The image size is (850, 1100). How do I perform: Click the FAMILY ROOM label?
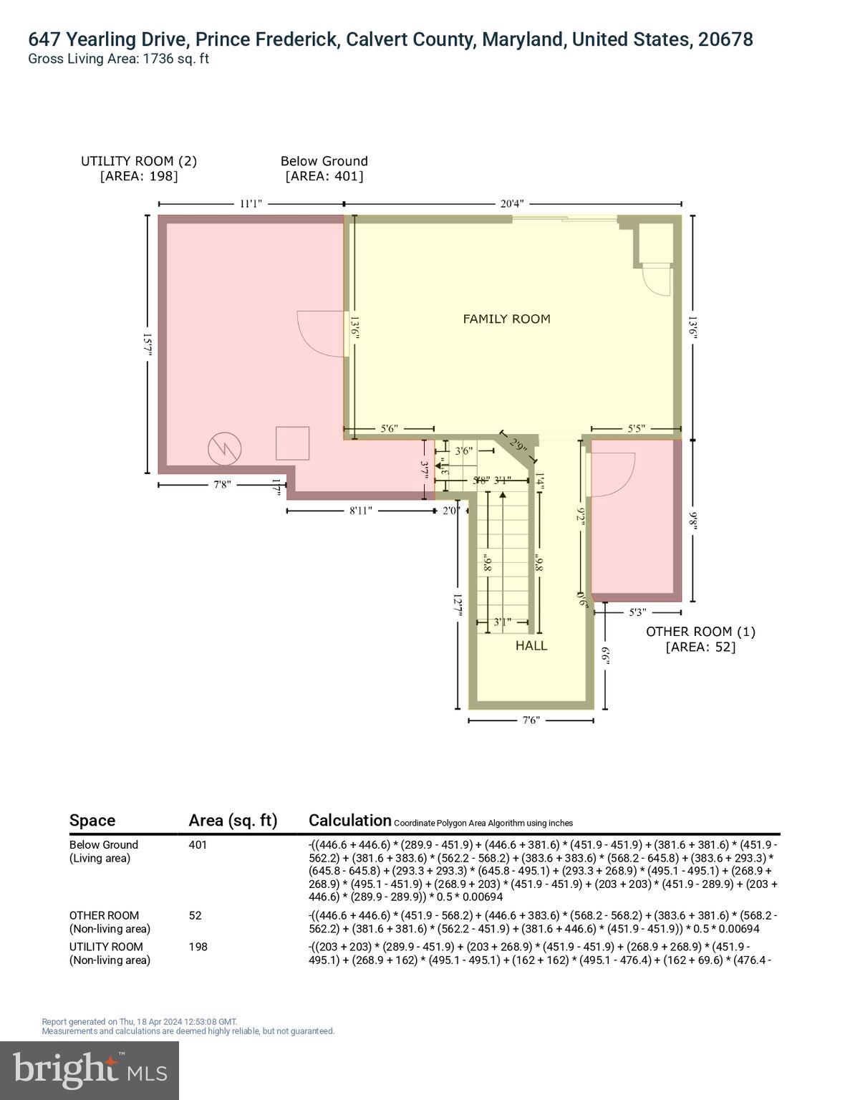point(506,319)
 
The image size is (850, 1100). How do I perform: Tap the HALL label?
point(531,645)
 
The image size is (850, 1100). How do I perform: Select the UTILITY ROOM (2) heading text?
point(139,161)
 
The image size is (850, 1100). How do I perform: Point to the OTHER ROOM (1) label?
point(700,632)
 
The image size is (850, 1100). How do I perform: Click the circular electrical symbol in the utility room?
point(224,449)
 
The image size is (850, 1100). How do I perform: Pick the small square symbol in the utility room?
point(292,443)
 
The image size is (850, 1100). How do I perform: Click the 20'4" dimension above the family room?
point(510,203)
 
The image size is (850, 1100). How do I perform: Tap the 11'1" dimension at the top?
point(250,203)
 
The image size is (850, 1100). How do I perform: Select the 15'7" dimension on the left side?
point(148,344)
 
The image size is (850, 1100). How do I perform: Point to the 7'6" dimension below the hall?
point(531,721)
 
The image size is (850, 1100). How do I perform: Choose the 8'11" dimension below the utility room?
point(361,511)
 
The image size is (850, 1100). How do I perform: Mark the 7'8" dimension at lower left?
point(222,484)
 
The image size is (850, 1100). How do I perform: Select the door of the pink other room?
point(611,474)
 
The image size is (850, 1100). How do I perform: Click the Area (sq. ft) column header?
point(233,821)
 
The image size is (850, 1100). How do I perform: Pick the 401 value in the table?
point(198,845)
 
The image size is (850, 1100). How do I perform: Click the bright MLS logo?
point(90,1071)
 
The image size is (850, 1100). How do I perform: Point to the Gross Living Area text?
point(118,59)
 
